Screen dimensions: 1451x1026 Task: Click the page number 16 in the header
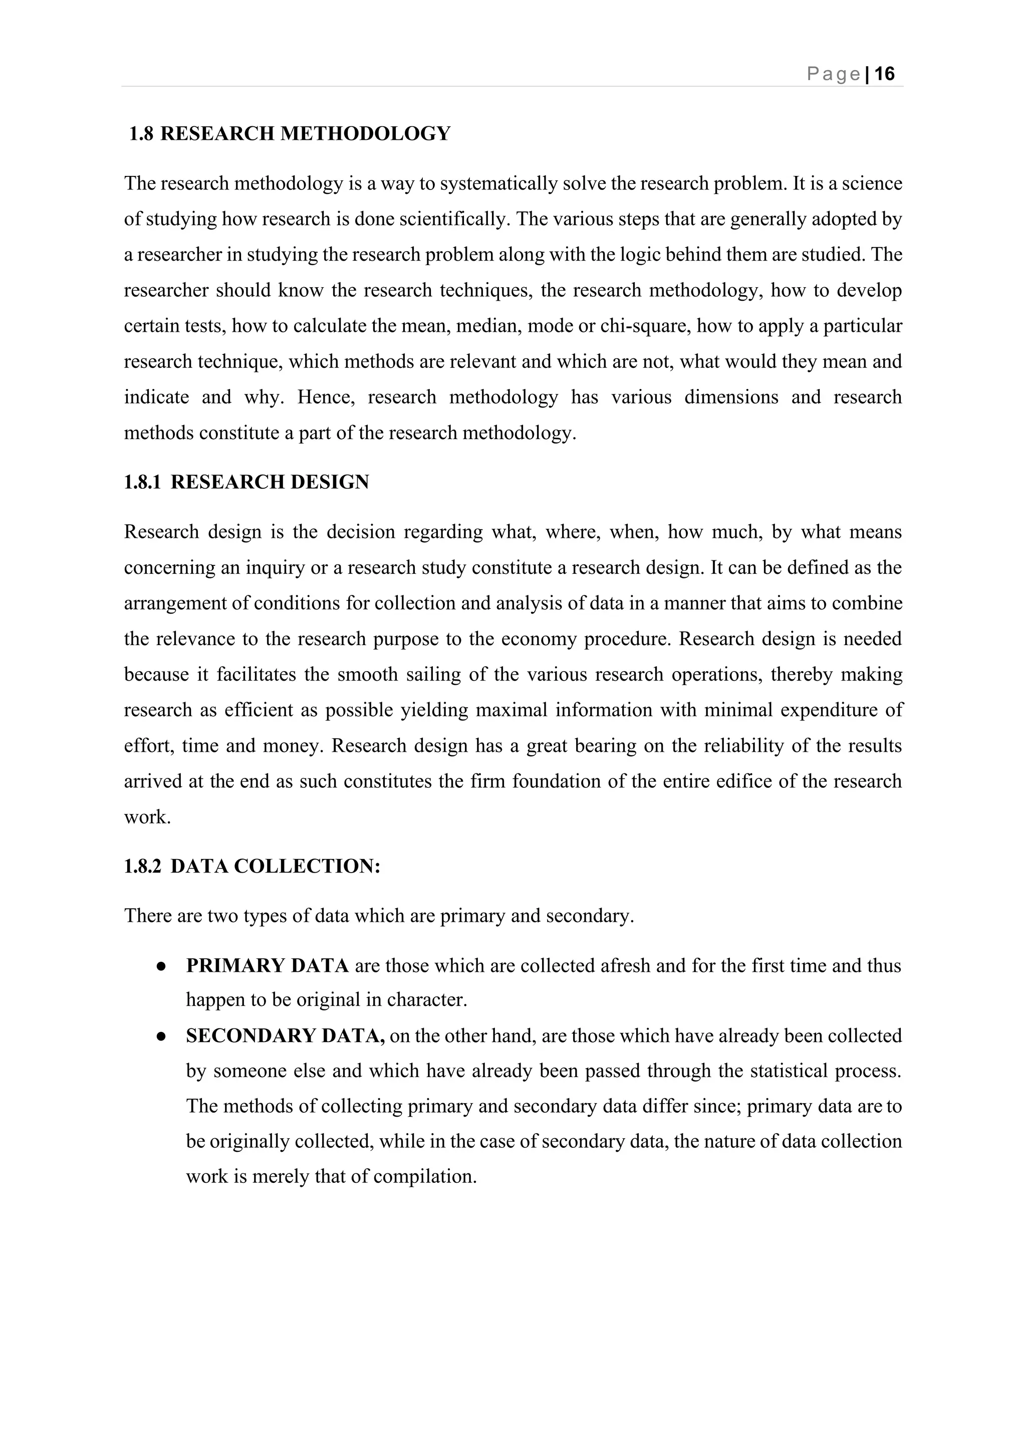tap(885, 74)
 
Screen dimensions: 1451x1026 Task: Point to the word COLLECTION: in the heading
tap(307, 866)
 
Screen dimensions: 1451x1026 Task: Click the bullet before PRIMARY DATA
tap(162, 967)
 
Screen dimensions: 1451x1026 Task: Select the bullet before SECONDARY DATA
tap(162, 1037)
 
